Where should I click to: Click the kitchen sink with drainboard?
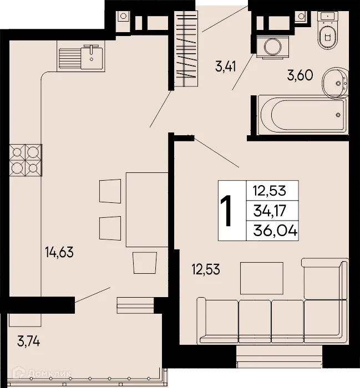(x=80, y=57)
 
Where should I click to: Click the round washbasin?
(x=335, y=82)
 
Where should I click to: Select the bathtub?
(x=303, y=114)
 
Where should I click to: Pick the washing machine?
(x=272, y=45)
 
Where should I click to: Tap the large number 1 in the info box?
(x=227, y=211)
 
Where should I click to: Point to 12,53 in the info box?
(x=269, y=191)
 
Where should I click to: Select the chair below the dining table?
(x=144, y=262)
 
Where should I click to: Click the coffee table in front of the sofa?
(x=257, y=278)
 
